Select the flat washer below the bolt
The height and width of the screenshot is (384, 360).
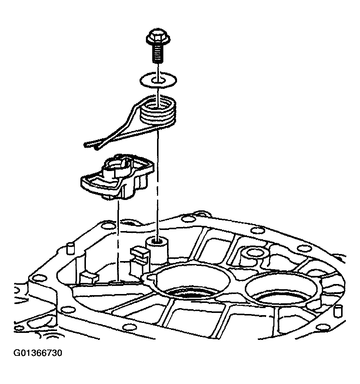158,79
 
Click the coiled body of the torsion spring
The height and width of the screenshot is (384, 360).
158,111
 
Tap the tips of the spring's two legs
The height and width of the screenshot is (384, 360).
91,146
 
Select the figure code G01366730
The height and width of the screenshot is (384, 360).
38,353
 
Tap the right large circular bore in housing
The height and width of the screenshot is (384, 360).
281,289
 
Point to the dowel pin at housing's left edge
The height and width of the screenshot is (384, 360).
70,248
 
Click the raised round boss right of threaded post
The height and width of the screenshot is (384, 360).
252,257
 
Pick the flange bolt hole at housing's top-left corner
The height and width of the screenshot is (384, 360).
108,225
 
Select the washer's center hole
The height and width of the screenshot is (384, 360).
158,80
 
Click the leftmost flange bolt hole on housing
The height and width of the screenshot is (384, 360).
38,278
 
